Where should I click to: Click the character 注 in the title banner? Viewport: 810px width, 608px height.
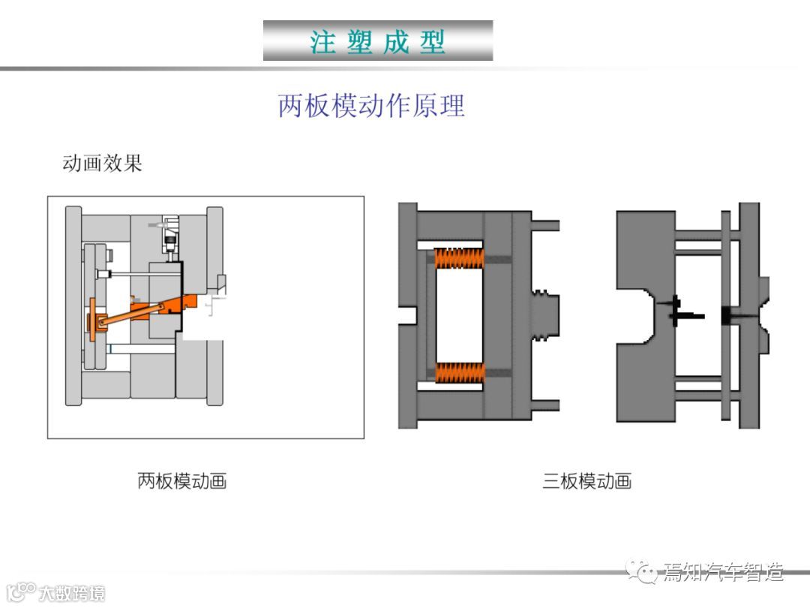coord(323,42)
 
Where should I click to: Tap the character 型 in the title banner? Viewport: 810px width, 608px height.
coord(433,42)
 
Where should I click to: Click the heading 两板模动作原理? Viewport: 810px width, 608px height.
coord(371,106)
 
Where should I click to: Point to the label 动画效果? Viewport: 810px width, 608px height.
coord(102,164)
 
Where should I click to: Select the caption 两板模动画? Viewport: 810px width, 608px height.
coord(182,481)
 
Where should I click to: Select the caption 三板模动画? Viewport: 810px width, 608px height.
coord(587,481)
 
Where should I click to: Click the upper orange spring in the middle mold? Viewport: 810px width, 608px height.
coord(458,259)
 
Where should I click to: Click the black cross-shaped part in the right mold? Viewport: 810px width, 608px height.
coord(676,310)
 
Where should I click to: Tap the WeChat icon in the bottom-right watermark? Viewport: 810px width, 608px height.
coord(643,573)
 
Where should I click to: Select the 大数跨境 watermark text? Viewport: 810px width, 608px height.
coord(72,593)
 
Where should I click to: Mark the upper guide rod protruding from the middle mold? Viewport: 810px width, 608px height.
coord(546,225)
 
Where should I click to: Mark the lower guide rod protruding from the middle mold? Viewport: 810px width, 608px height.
coord(546,405)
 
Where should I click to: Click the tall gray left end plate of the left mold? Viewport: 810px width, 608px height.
coord(73,306)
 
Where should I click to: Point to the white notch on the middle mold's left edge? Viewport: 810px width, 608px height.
coord(406,315)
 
